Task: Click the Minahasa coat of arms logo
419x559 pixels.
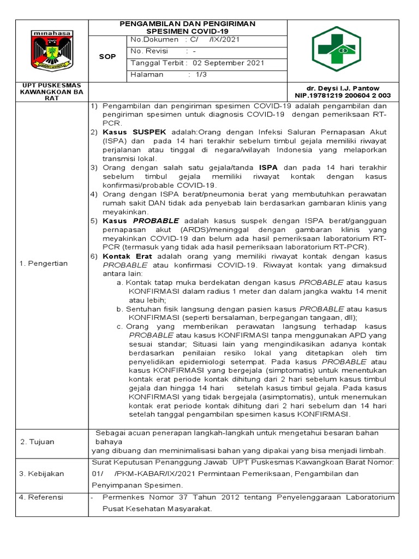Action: tap(52, 51)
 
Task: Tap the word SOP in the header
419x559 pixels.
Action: tap(107, 57)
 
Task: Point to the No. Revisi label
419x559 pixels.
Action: tap(150, 51)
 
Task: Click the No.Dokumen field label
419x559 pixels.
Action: tap(154, 40)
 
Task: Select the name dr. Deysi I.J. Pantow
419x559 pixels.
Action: tap(346, 88)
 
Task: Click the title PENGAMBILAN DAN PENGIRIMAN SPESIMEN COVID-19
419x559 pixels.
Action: tap(187, 27)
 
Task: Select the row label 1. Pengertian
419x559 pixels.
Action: tap(44, 264)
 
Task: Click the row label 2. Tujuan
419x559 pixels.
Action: tap(38, 442)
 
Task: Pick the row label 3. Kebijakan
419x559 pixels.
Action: tap(41, 474)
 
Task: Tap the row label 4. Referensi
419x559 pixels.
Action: tap(41, 497)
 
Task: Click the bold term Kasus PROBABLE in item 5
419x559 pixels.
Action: tap(140, 221)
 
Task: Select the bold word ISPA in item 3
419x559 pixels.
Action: tap(271, 168)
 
